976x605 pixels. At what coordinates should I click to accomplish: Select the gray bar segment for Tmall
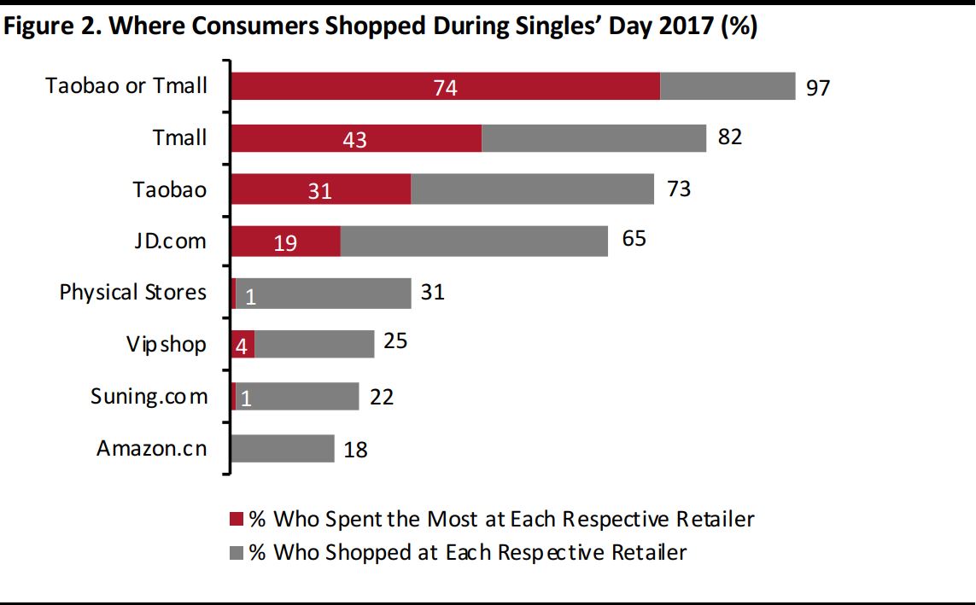593,138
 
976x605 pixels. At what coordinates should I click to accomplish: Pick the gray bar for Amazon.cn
283,449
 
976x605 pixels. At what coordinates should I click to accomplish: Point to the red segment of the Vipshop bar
243,346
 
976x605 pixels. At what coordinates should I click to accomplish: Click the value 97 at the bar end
817,88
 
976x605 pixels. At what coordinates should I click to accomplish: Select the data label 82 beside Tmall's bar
729,137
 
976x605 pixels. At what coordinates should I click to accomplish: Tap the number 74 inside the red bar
445,88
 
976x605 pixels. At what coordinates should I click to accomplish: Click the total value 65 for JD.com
634,238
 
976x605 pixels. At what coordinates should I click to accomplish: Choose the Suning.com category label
149,397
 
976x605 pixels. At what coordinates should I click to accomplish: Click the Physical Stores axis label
132,293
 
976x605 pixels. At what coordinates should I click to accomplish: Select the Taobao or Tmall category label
126,85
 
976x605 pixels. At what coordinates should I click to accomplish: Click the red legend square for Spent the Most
237,520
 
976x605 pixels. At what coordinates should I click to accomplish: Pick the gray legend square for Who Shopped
237,553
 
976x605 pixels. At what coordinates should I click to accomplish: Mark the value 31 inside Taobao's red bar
319,192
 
